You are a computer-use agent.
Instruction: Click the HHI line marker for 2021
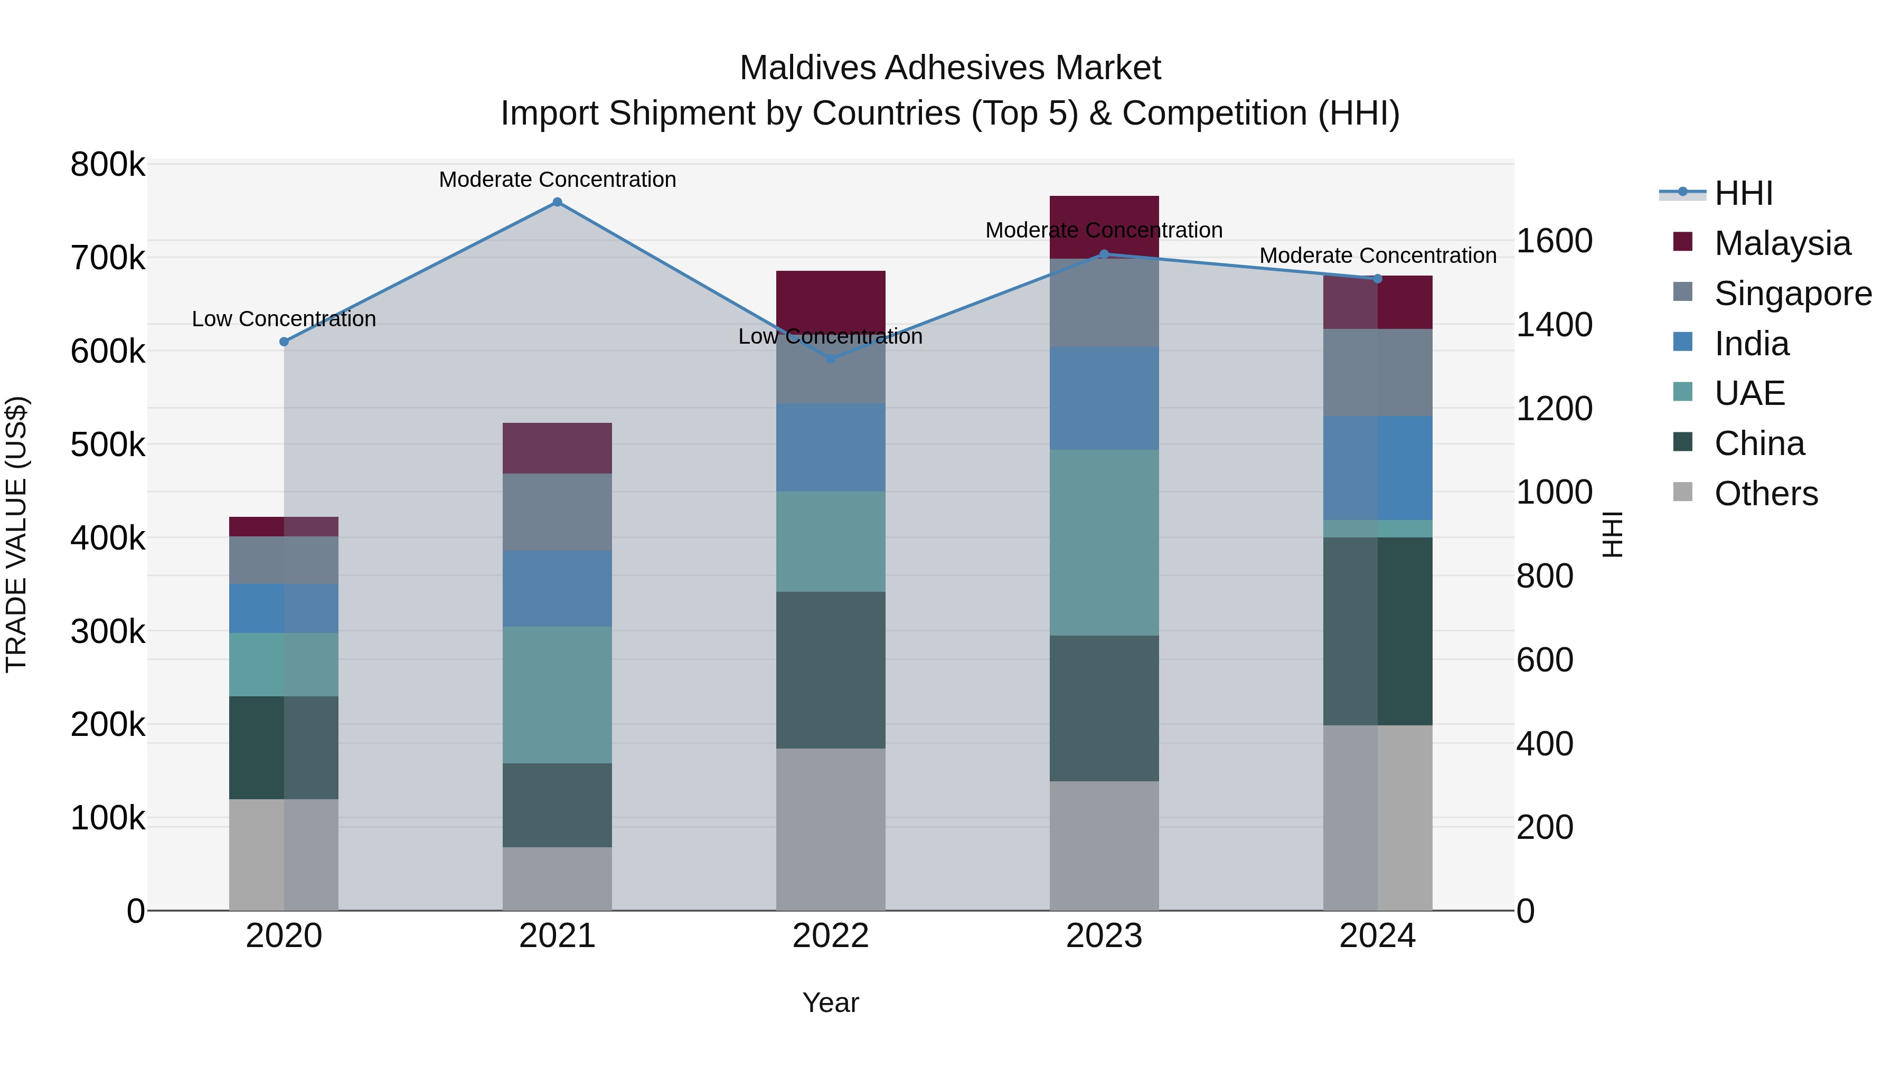(557, 202)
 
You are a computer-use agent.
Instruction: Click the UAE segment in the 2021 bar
(557, 694)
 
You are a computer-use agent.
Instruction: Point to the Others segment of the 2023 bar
(1104, 846)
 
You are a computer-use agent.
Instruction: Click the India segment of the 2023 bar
(1104, 399)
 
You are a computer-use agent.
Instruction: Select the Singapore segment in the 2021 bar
(557, 512)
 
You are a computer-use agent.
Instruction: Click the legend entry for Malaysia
(1782, 243)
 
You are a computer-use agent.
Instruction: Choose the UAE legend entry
(1749, 393)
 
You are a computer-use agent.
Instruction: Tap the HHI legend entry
(1743, 193)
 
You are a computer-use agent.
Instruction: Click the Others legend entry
(1765, 494)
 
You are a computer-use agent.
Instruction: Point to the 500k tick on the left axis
(108, 445)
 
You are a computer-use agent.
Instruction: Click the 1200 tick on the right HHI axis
(1554, 408)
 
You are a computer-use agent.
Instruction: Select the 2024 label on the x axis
(1377, 936)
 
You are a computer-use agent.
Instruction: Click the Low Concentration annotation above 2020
(284, 319)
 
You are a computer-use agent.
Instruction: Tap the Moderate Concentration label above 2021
(557, 179)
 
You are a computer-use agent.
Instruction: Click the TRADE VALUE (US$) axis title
(16, 534)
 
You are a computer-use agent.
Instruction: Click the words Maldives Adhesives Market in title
(950, 68)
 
